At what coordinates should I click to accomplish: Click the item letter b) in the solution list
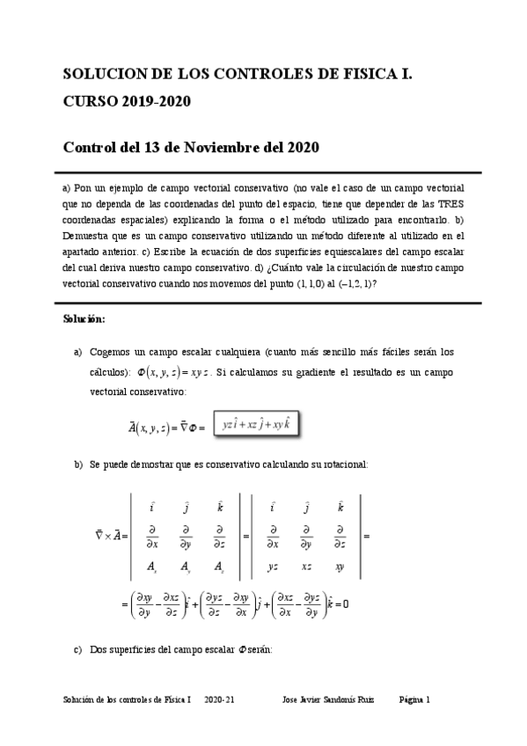(x=78, y=464)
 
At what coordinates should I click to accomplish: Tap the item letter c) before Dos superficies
(x=78, y=650)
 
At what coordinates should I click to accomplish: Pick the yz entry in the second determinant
(x=274, y=567)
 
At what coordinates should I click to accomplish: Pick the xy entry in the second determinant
(x=340, y=567)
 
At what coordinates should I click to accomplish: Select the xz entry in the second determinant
(x=307, y=567)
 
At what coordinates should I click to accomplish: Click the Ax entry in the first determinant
(x=151, y=567)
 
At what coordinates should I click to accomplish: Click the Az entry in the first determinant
(x=219, y=567)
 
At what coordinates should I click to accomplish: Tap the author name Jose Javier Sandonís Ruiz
(x=327, y=699)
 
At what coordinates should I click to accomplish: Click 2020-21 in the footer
(x=219, y=699)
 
